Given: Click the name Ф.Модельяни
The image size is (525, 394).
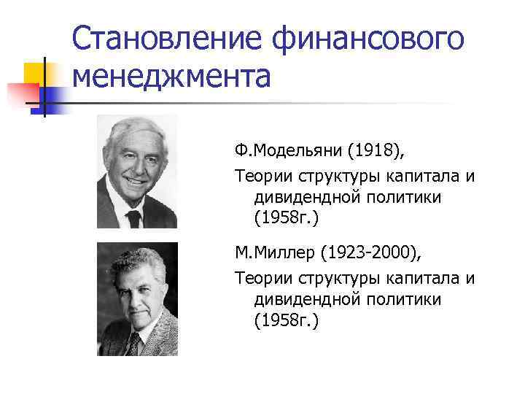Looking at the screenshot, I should pyautogui.click(x=287, y=150).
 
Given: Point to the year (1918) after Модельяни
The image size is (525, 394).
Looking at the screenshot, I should pyautogui.click(x=374, y=150).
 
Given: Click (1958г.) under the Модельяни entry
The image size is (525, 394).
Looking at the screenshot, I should pyautogui.click(x=287, y=218).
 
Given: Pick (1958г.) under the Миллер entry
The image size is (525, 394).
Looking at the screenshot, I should pyautogui.click(x=287, y=321).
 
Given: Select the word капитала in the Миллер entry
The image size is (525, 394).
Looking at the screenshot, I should pyautogui.click(x=429, y=277).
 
